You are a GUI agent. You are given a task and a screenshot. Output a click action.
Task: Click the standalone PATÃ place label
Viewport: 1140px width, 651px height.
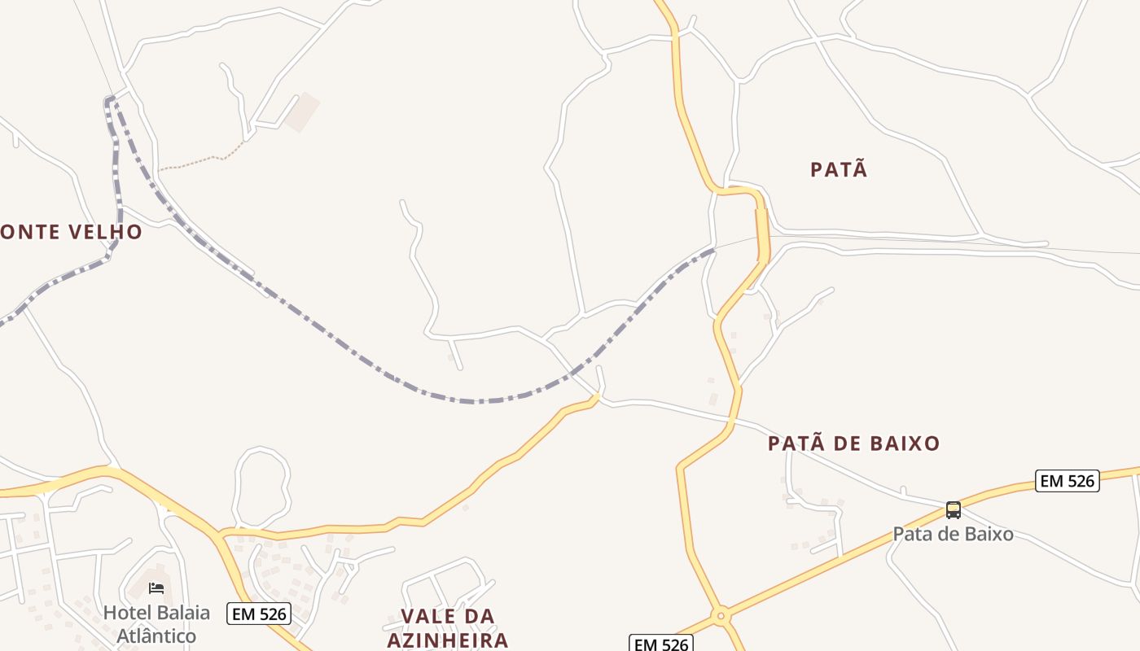tap(839, 169)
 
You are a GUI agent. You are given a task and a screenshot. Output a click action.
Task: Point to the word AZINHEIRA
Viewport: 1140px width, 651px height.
tap(447, 640)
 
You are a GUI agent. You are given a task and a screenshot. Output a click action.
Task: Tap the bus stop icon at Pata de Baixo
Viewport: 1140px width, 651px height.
tap(953, 510)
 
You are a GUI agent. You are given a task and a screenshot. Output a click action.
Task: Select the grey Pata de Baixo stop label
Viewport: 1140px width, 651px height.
tap(953, 535)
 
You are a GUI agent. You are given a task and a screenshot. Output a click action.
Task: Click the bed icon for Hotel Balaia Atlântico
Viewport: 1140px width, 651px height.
tap(156, 588)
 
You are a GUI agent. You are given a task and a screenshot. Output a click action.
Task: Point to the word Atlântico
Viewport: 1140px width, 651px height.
tap(156, 636)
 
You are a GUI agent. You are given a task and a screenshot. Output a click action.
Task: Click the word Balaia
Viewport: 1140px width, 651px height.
tap(184, 613)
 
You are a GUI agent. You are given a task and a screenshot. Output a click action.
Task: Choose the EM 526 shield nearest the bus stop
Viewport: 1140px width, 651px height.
tap(1067, 481)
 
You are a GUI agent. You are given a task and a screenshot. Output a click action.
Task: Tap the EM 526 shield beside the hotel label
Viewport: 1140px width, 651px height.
tap(259, 614)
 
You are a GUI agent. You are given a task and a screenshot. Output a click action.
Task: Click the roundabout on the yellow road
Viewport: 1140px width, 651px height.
tap(720, 616)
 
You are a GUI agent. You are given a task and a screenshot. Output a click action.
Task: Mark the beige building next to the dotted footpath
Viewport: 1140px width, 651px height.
tap(301, 111)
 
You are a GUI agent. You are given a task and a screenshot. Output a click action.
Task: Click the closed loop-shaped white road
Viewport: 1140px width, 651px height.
tap(261, 487)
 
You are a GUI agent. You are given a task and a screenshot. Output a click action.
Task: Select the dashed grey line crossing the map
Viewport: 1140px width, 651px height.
tap(472, 400)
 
